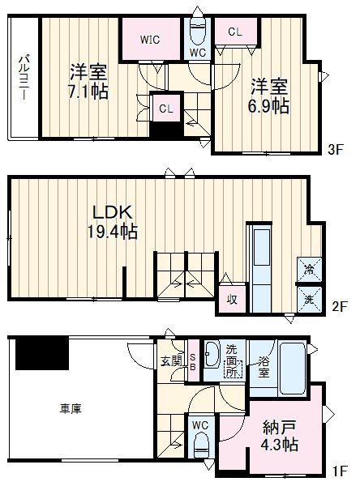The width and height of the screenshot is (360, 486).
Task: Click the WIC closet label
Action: click(x=149, y=37)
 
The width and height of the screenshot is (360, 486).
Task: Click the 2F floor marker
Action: click(x=339, y=308)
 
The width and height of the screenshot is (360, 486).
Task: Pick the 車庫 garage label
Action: click(x=70, y=408)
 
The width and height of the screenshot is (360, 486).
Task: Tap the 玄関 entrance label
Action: click(x=169, y=360)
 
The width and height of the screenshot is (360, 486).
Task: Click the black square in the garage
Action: click(x=43, y=352)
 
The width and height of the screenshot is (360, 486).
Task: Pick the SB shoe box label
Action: click(x=192, y=360)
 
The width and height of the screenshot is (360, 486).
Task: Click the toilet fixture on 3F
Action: click(x=198, y=32)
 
